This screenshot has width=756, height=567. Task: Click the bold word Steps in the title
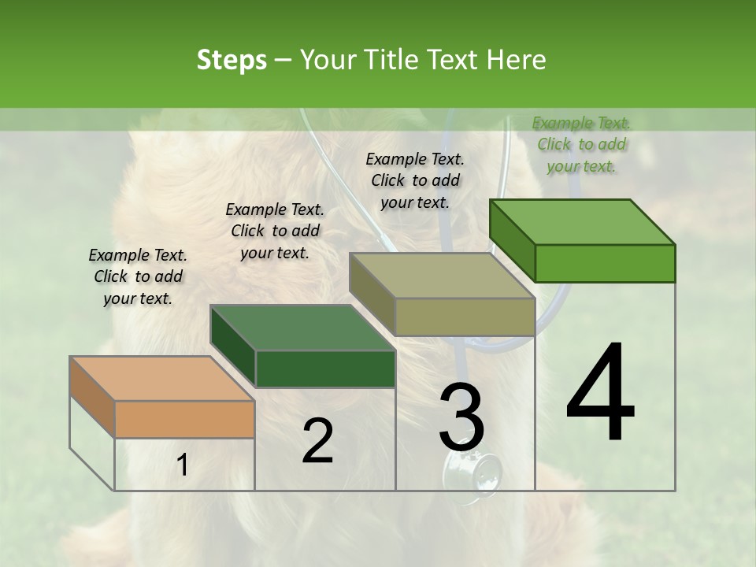pos(232,60)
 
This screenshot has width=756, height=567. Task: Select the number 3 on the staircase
pos(461,417)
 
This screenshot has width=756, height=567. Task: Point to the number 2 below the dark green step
pos(317,441)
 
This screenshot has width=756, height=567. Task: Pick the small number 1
pos(183,465)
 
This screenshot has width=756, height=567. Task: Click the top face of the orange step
pos(161,378)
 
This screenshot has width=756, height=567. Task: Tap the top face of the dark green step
pos(302,328)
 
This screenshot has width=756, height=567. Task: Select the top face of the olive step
pos(442,276)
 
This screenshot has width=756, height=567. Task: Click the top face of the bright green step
pos(583,221)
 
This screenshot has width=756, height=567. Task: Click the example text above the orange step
pos(138,276)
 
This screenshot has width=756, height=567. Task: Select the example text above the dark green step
pos(275,231)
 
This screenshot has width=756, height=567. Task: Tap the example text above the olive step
pos(415,180)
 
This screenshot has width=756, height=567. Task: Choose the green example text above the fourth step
pos(581,144)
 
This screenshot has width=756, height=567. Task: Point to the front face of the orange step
pos(185,419)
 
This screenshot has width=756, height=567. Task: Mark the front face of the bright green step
pos(605,263)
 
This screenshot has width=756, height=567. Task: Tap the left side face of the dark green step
pos(234,346)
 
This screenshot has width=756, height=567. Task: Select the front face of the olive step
pos(465,317)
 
